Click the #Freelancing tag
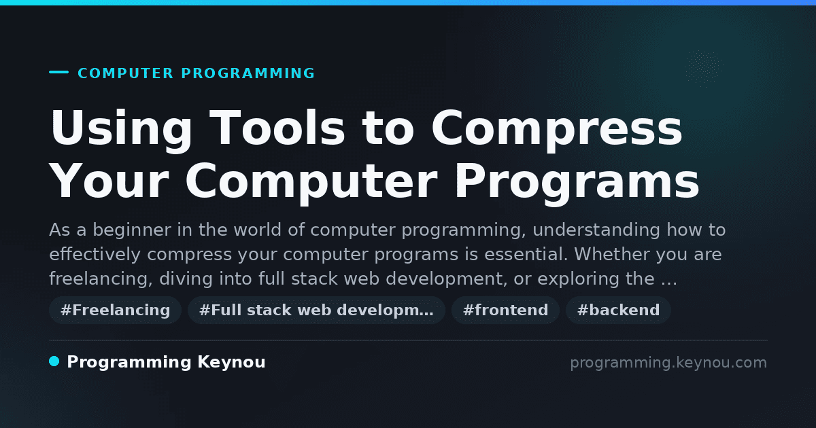point(115,310)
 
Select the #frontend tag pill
point(505,310)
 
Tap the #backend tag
point(618,310)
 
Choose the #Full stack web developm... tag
point(316,310)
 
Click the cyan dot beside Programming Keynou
point(54,361)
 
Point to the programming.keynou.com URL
point(668,363)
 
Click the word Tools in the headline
point(277,128)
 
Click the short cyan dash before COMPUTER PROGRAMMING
point(59,72)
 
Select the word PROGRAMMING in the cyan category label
point(248,73)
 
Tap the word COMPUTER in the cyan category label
point(126,73)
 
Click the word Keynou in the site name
point(231,362)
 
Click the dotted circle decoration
point(704,69)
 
